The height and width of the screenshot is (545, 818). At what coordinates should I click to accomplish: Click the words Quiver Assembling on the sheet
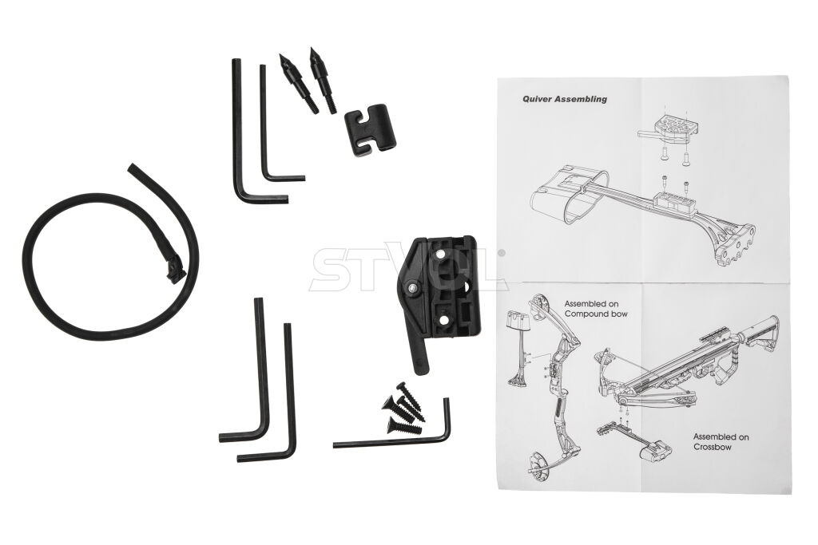[565, 98]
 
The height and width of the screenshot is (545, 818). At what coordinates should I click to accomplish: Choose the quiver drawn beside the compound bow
[518, 349]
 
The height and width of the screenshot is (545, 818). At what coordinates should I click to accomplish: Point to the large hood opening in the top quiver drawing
[586, 200]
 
